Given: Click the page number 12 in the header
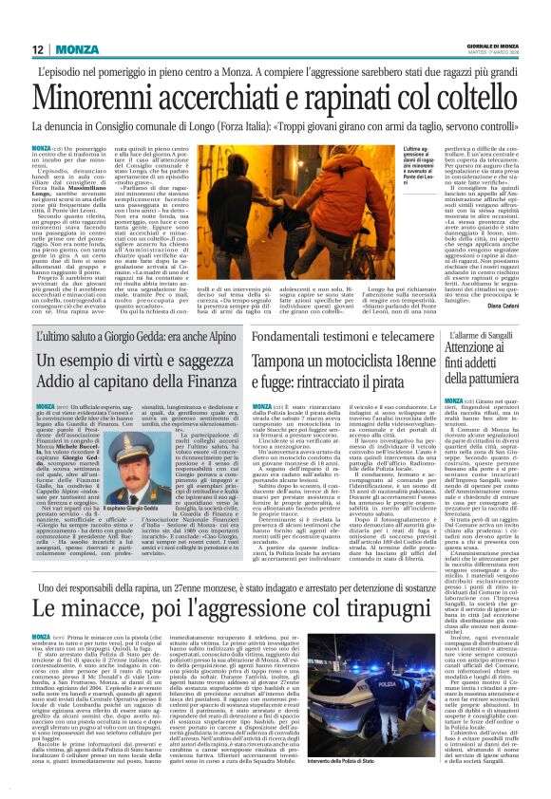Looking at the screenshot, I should (x=39, y=49).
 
